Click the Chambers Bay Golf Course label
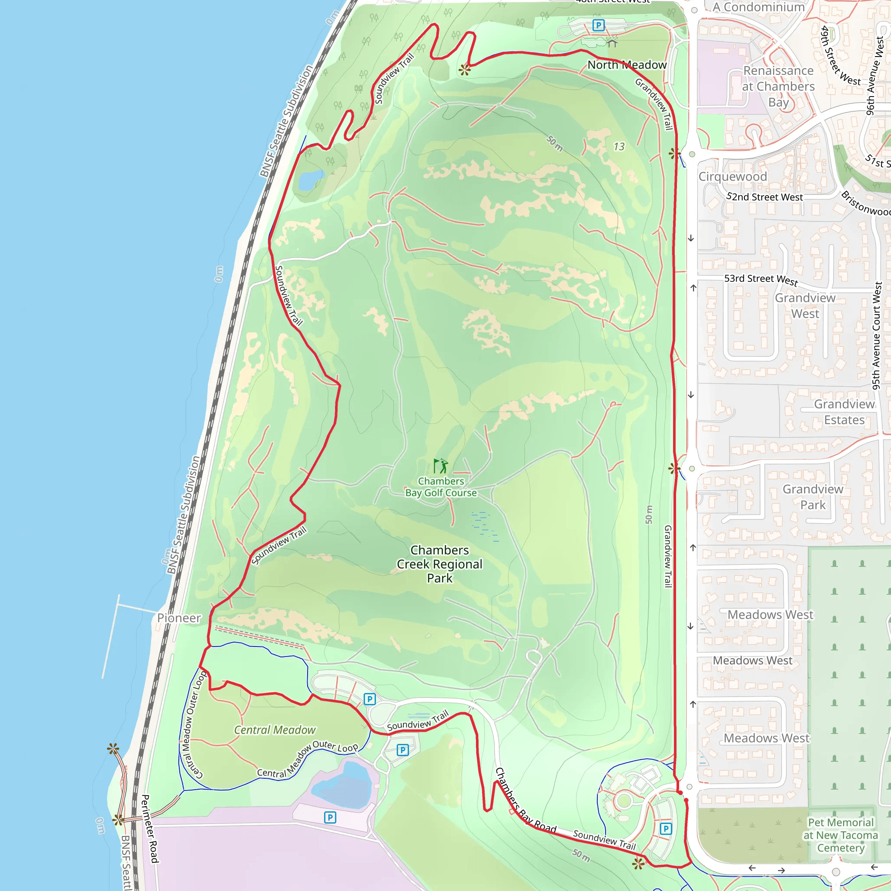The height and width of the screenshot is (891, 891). pos(441,487)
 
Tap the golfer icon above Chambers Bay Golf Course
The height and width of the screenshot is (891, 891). pos(441,466)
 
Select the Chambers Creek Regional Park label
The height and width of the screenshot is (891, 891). pos(439,564)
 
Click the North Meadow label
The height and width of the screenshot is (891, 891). pos(627,65)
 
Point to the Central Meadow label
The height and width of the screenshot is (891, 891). pos(275,730)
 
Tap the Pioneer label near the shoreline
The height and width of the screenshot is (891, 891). pos(179,618)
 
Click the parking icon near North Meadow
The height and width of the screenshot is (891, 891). pos(598,25)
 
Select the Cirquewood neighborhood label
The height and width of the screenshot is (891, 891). pos(733,177)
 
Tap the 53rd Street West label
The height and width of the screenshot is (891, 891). pos(761,279)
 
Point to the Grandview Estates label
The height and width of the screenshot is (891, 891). pos(844,412)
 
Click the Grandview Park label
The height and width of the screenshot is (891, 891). pos(813,497)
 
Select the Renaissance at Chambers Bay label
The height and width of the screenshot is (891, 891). pos(778,86)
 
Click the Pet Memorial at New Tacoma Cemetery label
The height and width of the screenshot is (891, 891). pos(841,835)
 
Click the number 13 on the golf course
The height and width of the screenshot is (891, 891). pos(619,147)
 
